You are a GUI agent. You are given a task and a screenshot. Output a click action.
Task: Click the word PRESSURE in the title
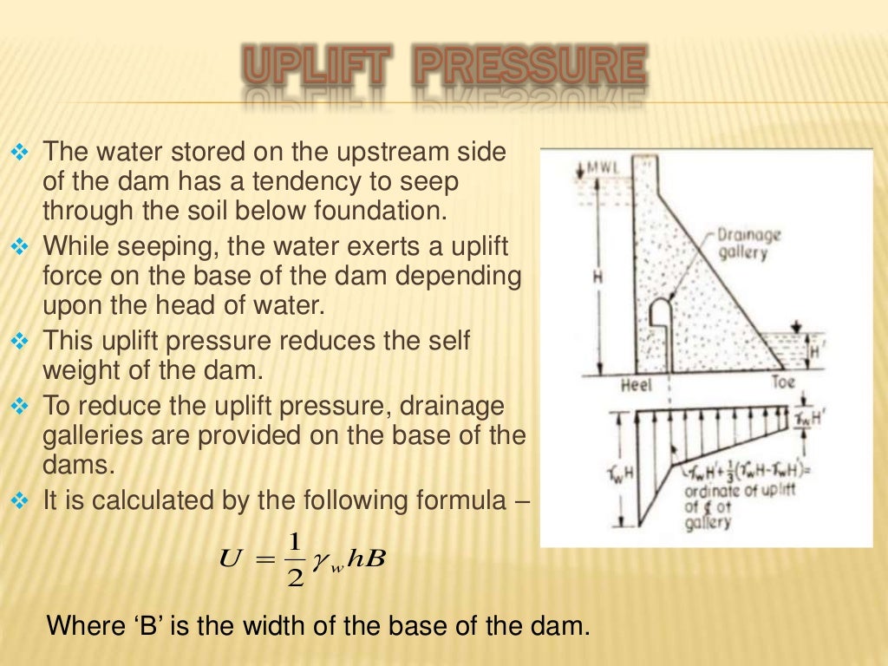coord(530,67)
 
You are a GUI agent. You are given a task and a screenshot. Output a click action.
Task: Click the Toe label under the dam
coord(782,382)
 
